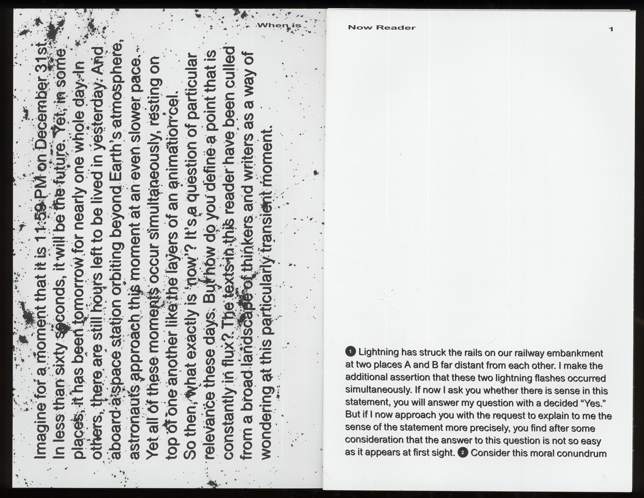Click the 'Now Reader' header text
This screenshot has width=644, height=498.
tap(382, 28)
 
